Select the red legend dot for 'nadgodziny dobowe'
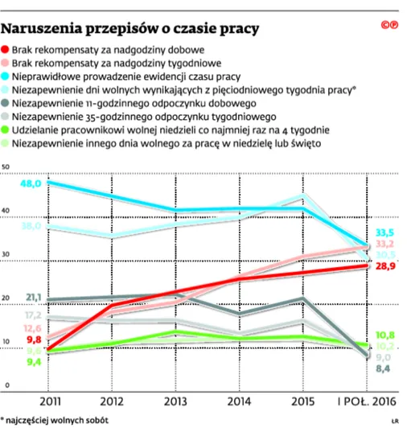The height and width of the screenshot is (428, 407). pyautogui.click(x=6, y=51)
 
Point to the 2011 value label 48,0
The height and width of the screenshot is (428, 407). pyautogui.click(x=30, y=183)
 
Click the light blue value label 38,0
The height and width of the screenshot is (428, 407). pyautogui.click(x=30, y=225)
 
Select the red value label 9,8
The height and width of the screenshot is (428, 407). pyautogui.click(x=32, y=340)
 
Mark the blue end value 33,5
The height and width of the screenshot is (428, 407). pyautogui.click(x=384, y=232)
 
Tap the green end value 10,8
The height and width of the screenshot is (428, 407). pyautogui.click(x=384, y=334)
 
